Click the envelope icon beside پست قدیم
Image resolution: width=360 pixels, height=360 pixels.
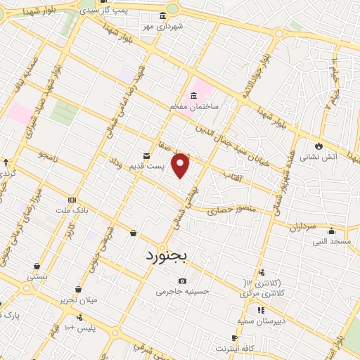tap(146, 155)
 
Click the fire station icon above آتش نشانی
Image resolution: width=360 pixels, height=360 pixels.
tap(319, 145)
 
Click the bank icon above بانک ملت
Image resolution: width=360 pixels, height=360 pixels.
tap(71, 200)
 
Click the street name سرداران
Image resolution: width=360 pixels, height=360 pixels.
tap(304, 227)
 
